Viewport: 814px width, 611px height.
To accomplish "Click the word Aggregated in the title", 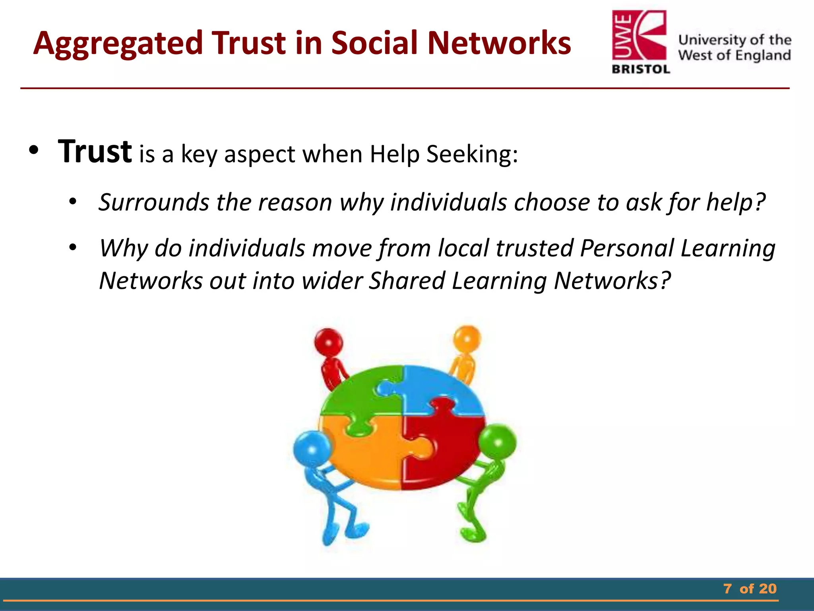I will point(118,44).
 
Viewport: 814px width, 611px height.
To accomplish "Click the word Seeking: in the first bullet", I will point(472,154).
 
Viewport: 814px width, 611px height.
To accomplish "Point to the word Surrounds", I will point(154,202).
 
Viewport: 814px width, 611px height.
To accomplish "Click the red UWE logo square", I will point(639,36).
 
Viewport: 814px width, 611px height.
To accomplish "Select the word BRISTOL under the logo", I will point(641,70).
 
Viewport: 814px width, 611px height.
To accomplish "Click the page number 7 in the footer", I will point(727,589).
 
